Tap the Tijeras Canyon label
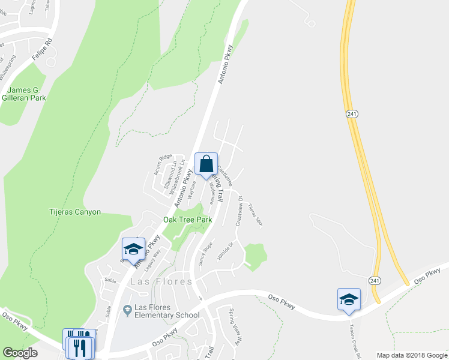point(74,212)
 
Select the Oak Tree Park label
point(188,220)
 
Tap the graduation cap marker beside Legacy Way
point(133,249)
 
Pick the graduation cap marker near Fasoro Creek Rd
point(349,299)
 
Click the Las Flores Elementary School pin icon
point(127,310)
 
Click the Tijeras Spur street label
point(256,214)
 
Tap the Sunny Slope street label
point(206,254)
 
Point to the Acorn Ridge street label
point(163,165)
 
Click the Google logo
point(20,353)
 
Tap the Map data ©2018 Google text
point(411,355)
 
